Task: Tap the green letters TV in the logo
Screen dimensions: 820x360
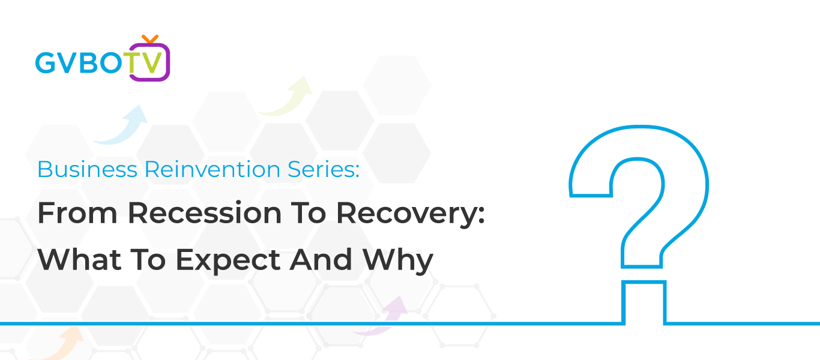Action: coord(143,63)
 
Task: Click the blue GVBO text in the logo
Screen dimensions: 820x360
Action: coord(79,63)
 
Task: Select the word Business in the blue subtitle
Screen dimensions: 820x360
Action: coord(88,169)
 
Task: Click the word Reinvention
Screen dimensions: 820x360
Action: coord(213,169)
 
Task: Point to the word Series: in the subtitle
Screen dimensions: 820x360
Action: coord(324,169)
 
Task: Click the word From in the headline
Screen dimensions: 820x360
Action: coord(77,213)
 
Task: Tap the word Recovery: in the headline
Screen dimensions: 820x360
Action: coord(411,214)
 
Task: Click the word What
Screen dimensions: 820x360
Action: coord(79,259)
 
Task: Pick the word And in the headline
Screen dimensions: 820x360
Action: coord(321,259)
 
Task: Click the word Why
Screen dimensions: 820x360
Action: coord(398,261)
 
